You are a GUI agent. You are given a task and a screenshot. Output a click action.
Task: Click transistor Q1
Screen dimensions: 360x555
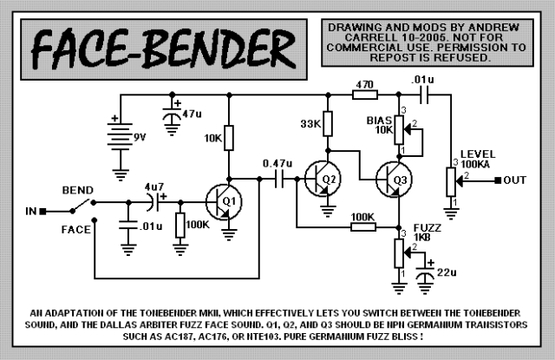[x=224, y=202]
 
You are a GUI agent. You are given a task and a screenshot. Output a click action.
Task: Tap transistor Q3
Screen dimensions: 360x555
[x=394, y=180]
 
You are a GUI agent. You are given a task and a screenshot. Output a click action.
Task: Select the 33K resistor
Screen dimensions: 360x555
[x=327, y=124]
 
